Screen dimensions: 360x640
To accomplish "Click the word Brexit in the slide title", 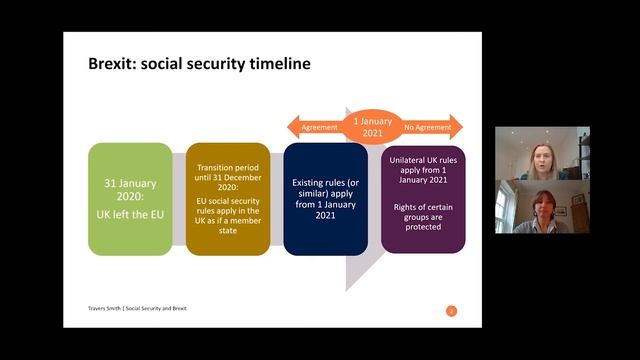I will [x=110, y=64].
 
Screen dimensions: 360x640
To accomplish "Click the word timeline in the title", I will [x=276, y=64].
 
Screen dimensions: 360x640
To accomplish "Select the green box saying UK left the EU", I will [x=130, y=198].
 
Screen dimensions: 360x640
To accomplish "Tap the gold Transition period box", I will [x=228, y=198].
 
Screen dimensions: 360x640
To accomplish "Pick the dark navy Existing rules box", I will [x=326, y=198].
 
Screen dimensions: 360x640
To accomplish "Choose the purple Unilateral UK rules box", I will [x=423, y=198].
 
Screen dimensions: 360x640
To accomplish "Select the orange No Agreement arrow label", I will [x=428, y=128].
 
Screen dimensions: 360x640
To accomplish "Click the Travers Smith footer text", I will [x=100, y=308].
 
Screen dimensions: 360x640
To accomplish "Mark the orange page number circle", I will [x=451, y=311].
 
